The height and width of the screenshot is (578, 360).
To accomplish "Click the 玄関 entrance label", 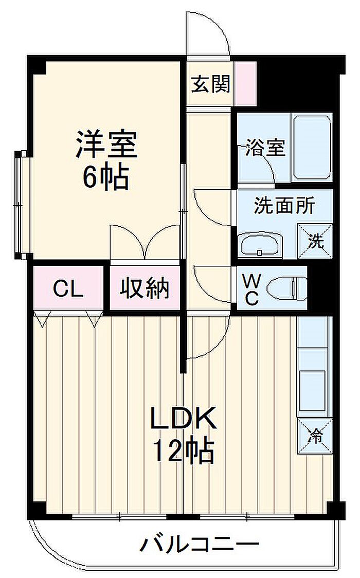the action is [210, 84].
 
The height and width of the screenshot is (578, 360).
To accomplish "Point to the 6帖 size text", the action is [106, 177].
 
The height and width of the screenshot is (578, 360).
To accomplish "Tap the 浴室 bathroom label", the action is [265, 148].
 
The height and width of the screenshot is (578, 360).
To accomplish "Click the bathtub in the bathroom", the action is [312, 148].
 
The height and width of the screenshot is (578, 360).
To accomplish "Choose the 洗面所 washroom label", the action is [284, 206].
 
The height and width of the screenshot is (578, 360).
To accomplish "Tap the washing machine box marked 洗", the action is [315, 241].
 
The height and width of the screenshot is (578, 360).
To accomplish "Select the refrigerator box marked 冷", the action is [315, 436].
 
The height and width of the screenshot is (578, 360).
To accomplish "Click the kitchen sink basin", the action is [313, 390].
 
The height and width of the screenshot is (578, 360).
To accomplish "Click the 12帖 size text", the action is [183, 450].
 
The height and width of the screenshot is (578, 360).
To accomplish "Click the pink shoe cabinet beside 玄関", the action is [245, 84].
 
